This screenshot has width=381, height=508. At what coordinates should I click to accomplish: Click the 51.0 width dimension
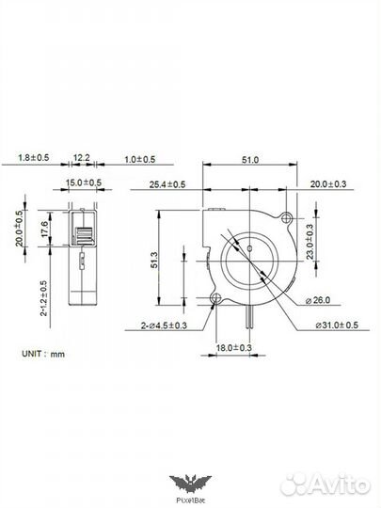(250, 161)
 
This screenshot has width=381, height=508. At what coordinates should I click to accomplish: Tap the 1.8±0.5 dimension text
(34, 161)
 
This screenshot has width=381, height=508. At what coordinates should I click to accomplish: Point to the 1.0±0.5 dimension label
(139, 161)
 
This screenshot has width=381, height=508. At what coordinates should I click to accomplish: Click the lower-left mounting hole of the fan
(216, 300)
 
